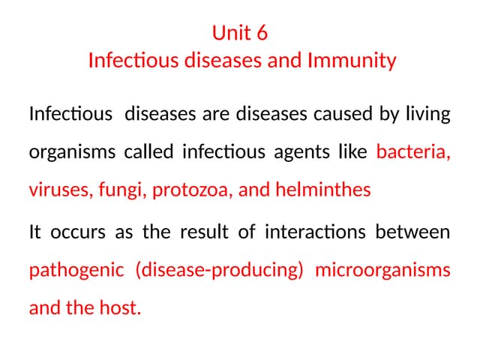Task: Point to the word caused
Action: pyautogui.click(x=339, y=115)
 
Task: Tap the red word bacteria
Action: pyautogui.click(x=413, y=152)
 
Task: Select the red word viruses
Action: pyautogui.click(x=58, y=190)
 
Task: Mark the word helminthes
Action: pyautogui.click(x=323, y=190)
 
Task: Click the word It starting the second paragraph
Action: pyautogui.click(x=34, y=233)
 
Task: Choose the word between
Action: pyautogui.click(x=417, y=232)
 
